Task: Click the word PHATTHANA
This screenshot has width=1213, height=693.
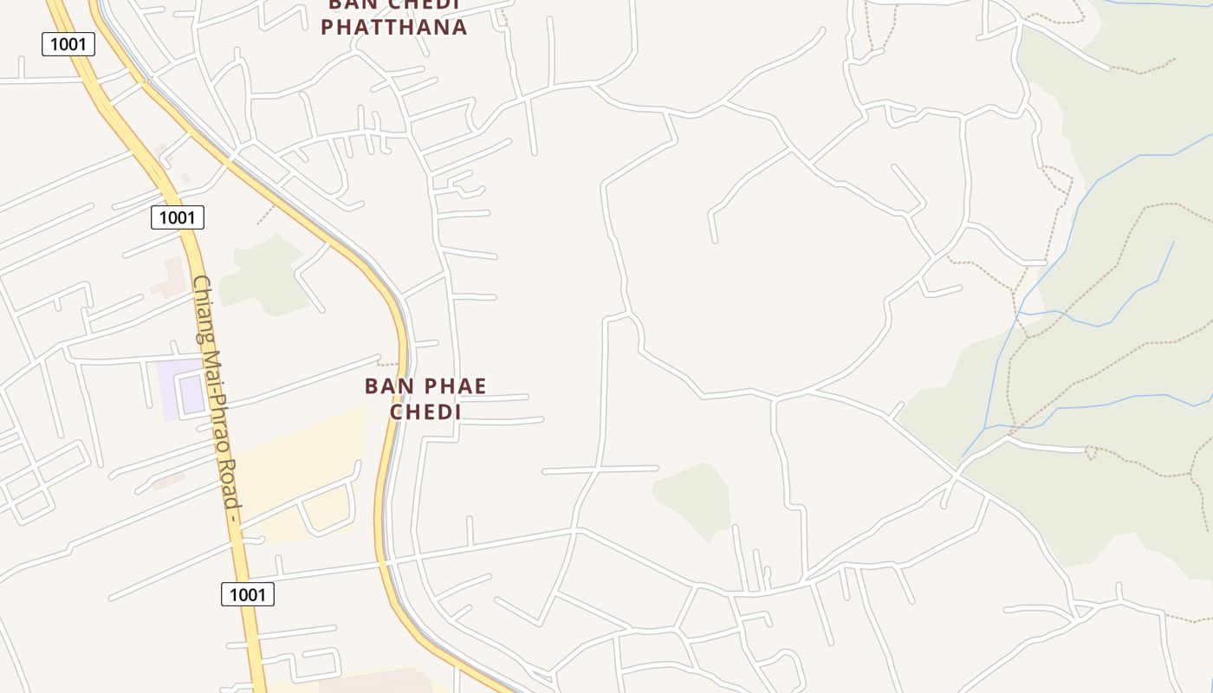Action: [393, 27]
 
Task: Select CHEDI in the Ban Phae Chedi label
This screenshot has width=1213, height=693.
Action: [425, 411]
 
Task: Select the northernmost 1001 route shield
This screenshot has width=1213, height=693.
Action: [68, 44]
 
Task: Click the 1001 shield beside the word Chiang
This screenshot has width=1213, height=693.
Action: [177, 217]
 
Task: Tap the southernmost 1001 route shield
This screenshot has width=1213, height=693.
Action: [247, 594]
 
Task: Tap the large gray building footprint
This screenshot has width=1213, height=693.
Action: [373, 683]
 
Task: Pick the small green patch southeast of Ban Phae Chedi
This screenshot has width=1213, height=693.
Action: [693, 498]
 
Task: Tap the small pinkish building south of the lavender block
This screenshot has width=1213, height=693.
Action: [168, 480]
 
